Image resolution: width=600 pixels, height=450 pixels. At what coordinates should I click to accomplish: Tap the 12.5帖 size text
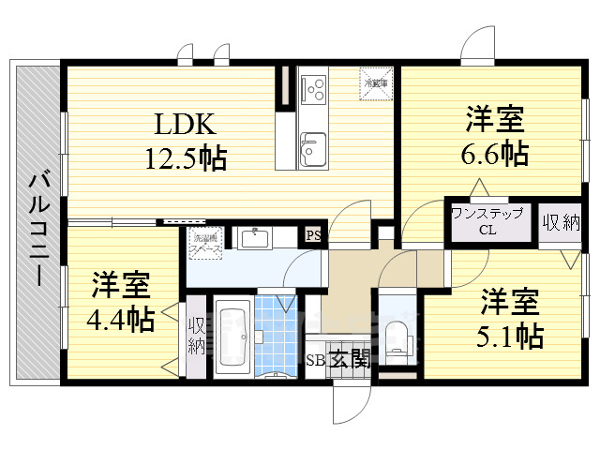coord(184,157)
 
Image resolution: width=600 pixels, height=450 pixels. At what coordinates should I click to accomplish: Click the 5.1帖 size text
coord(511,333)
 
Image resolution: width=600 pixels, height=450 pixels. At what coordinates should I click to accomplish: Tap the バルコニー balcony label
coord(38,228)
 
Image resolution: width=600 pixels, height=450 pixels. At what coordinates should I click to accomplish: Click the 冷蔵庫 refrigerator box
coord(376,82)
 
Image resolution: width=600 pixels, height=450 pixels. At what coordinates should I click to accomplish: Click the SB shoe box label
coord(315,359)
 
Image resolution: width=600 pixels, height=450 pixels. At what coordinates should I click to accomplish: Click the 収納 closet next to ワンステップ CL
coord(561,223)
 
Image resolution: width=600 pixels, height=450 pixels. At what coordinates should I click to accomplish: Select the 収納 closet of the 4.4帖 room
coord(196,335)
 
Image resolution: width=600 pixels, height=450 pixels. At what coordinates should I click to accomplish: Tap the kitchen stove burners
coord(313,90)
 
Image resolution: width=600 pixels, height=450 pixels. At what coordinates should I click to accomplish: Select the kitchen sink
coord(313,148)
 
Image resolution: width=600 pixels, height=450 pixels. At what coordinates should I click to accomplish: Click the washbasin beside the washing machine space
coord(254,238)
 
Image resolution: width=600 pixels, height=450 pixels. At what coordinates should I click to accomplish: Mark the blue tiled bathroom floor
coord(277,333)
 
